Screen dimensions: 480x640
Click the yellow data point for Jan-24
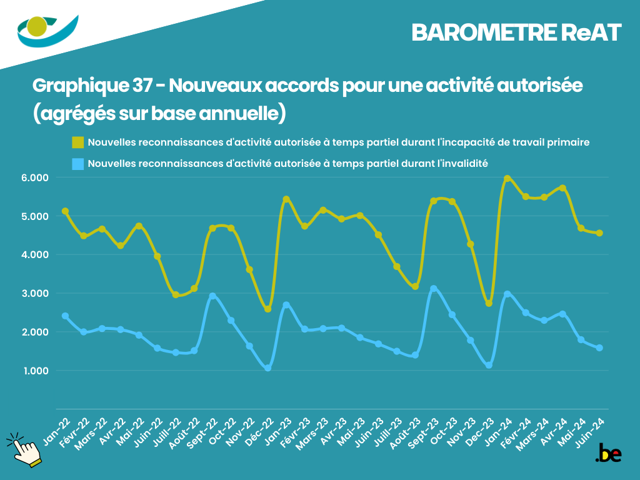point(507,179)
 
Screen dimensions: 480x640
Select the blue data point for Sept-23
point(434,289)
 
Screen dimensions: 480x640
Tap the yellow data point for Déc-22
point(267,309)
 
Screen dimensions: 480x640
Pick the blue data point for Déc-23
point(489,364)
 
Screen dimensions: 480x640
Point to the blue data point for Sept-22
point(212,296)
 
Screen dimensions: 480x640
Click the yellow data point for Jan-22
point(65,211)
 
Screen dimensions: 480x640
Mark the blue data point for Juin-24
point(599,347)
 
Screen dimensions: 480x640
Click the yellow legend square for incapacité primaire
point(77,142)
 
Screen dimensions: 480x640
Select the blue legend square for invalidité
point(77,164)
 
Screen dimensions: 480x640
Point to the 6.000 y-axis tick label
point(36,177)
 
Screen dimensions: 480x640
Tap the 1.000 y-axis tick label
point(36,371)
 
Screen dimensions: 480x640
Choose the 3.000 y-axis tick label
point(36,293)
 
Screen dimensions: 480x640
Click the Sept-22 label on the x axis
point(206,430)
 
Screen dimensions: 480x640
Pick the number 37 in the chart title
point(142,86)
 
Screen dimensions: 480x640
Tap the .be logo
point(608,453)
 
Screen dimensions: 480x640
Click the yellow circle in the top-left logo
point(38,27)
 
